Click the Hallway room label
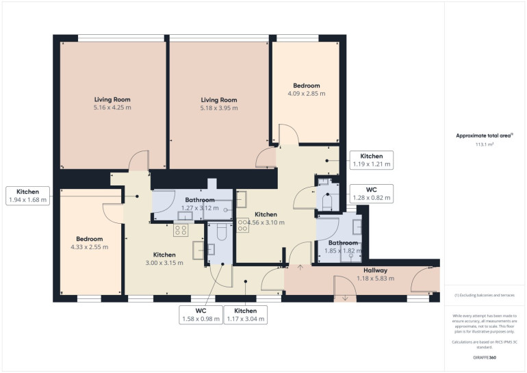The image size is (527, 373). [375, 270]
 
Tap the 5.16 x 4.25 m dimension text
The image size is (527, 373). [112, 107]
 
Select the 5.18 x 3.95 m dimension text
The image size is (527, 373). [219, 108]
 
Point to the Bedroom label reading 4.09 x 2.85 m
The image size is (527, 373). [306, 90]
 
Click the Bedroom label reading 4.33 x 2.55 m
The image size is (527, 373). [90, 243]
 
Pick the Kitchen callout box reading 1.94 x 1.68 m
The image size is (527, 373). [28, 196]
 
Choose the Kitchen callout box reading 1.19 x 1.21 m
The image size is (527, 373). [372, 160]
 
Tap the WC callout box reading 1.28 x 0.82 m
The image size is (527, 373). [372, 194]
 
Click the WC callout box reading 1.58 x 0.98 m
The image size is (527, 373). [201, 315]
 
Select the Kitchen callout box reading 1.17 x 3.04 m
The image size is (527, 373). [246, 315]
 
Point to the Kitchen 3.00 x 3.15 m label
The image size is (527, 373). [164, 259]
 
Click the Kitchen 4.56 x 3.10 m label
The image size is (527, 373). [266, 218]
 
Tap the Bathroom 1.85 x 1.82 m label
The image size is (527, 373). [343, 246]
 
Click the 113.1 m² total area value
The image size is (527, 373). [485, 144]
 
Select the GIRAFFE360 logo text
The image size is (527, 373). [485, 357]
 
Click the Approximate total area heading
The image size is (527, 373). [484, 136]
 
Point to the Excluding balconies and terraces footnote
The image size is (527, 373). [485, 296]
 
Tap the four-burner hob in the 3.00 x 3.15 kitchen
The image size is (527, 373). [181, 230]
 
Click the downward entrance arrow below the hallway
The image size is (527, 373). [345, 298]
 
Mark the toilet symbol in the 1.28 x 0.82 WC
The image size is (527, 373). [327, 201]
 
